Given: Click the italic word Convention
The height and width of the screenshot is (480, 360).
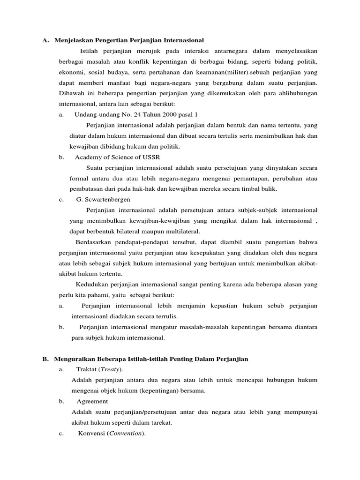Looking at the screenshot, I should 126,434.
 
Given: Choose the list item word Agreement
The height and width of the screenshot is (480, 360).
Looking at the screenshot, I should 92,401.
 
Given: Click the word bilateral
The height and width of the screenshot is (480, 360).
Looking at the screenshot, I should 134,231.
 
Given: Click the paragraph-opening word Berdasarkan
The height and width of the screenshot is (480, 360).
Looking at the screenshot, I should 96,242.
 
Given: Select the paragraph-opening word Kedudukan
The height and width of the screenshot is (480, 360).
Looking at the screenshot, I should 93,284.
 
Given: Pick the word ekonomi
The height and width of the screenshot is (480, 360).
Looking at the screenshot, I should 71,72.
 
